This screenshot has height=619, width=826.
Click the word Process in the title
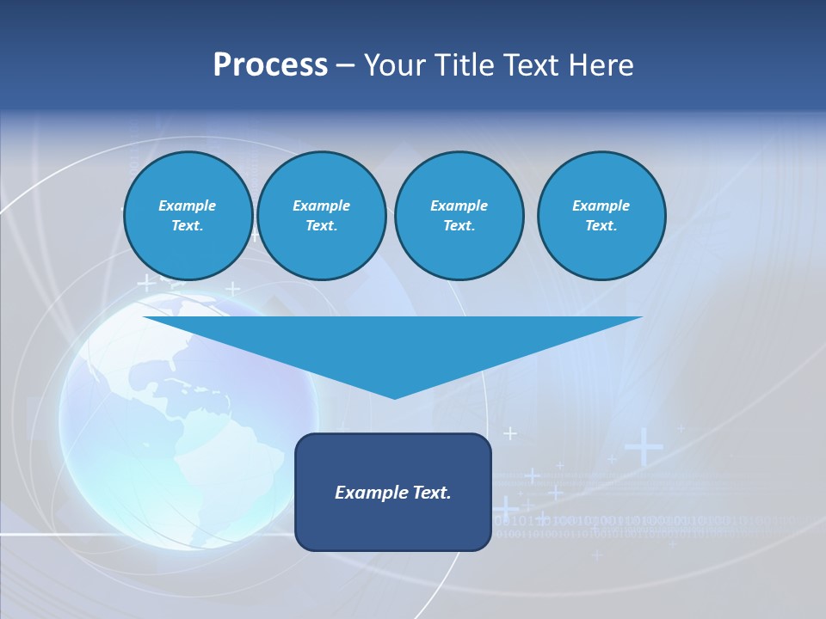pyautogui.click(x=270, y=65)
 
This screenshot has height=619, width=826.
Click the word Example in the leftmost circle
pyautogui.click(x=188, y=205)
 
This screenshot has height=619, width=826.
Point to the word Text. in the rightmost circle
pyautogui.click(x=601, y=225)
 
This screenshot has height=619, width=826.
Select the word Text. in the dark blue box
pyautogui.click(x=432, y=493)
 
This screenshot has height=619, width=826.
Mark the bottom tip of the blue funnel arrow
pyautogui.click(x=394, y=396)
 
